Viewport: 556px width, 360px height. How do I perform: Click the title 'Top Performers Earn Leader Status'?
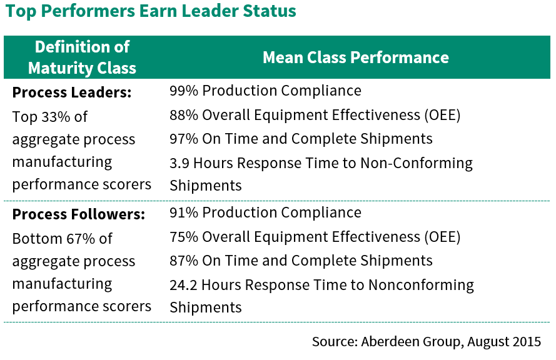click(x=151, y=12)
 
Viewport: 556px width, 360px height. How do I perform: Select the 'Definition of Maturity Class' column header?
click(x=82, y=57)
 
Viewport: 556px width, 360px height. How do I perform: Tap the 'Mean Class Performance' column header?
click(x=355, y=57)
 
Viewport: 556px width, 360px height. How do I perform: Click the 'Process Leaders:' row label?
click(x=72, y=92)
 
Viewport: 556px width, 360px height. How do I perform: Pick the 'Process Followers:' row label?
click(x=79, y=214)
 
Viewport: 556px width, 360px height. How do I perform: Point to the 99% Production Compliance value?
click(x=183, y=91)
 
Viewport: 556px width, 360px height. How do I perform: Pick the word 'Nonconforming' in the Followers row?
click(x=421, y=285)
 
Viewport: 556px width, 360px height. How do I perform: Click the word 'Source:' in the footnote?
click(x=334, y=342)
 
